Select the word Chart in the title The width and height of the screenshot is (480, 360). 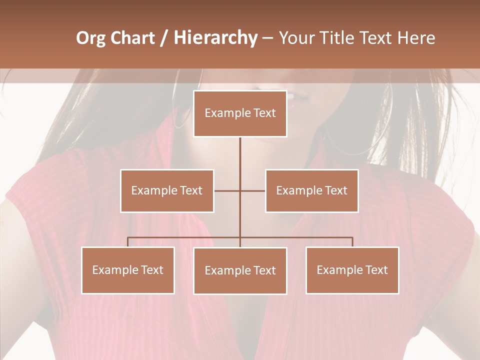pos(132,38)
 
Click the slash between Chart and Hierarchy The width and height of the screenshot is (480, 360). pos(164,38)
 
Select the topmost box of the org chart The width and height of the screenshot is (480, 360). pos(240,113)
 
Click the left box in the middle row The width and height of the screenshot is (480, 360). pos(167,190)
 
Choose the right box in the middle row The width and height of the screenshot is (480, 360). pos(311,190)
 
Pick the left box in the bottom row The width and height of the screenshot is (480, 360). pos(128,270)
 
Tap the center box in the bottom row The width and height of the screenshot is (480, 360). pos(240,270)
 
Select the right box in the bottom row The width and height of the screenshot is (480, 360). pos(352,270)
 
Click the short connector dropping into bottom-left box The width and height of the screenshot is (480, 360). pos(128,242)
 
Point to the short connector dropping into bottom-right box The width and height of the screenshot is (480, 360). pos(352,242)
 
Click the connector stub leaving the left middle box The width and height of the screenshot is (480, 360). pos(226,190)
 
